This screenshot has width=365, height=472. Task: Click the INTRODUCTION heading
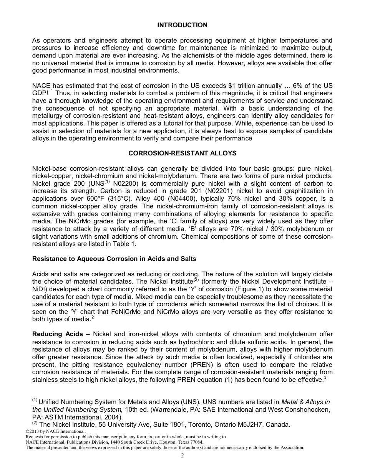click(x=182, y=25)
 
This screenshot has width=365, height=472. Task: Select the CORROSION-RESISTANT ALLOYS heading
click(x=182, y=153)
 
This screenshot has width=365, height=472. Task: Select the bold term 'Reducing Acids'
click(x=57, y=334)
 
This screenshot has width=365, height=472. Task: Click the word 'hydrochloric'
click(x=174, y=342)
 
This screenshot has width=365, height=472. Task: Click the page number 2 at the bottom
click(x=182, y=455)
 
